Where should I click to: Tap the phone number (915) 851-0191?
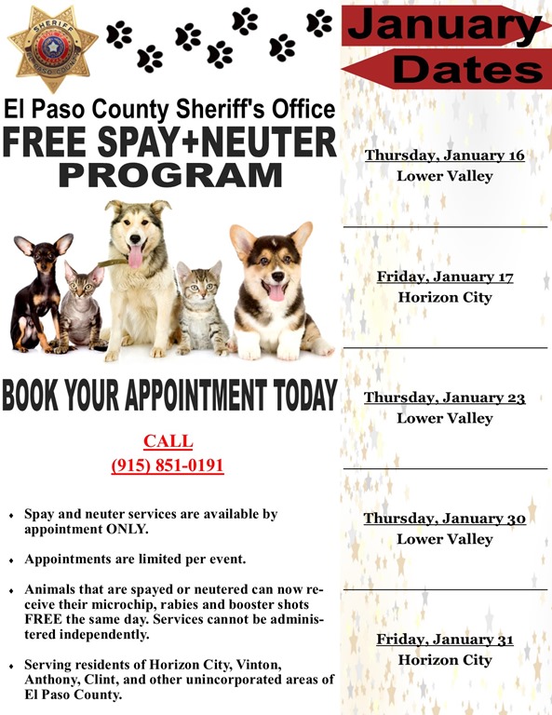click(168, 465)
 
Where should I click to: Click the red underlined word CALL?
click(168, 441)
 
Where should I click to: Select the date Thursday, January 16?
click(444, 155)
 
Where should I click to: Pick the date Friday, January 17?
click(444, 277)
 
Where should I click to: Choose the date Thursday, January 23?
click(444, 398)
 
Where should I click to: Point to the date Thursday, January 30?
click(444, 519)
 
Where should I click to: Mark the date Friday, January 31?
click(444, 640)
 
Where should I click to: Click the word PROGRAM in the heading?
click(170, 175)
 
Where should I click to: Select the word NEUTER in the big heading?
click(269, 143)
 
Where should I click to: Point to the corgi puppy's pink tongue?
click(276, 292)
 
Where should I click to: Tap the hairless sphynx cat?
click(82, 307)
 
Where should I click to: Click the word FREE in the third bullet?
click(43, 619)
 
